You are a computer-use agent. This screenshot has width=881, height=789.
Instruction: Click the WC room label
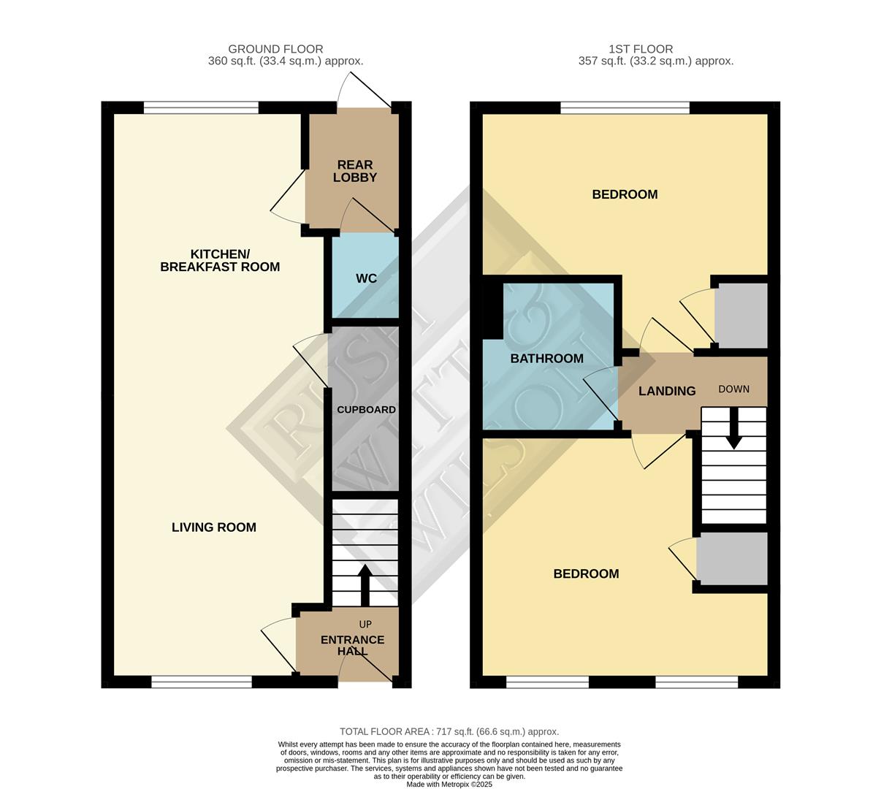pyautogui.click(x=366, y=278)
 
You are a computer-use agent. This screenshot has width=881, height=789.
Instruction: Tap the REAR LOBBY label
pyautogui.click(x=355, y=172)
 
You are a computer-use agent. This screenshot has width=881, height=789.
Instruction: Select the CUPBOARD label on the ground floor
pyautogui.click(x=366, y=410)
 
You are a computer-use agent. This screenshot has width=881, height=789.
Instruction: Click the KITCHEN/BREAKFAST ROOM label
pyautogui.click(x=220, y=260)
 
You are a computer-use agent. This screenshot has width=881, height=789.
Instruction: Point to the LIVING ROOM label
pyautogui.click(x=214, y=527)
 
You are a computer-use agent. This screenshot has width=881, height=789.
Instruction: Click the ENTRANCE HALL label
pyautogui.click(x=352, y=645)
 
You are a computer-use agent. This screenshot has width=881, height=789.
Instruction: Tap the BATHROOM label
pyautogui.click(x=546, y=359)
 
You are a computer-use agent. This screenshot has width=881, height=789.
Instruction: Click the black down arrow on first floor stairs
pyautogui.click(x=733, y=429)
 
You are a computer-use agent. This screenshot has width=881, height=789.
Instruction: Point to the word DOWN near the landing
pyautogui.click(x=733, y=389)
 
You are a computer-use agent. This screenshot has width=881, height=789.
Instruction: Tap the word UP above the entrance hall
pyautogui.click(x=365, y=624)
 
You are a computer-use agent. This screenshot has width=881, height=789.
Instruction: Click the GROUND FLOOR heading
pyautogui.click(x=275, y=49)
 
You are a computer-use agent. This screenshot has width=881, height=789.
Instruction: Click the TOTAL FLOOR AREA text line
pyautogui.click(x=449, y=731)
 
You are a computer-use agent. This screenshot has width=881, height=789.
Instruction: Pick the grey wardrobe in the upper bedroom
pyautogui.click(x=741, y=316)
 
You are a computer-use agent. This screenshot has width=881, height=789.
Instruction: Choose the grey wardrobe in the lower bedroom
pyautogui.click(x=732, y=558)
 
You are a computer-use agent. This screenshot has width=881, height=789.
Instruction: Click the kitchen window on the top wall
pyautogui.click(x=201, y=108)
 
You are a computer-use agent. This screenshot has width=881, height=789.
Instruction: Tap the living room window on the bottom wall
pyautogui.click(x=202, y=682)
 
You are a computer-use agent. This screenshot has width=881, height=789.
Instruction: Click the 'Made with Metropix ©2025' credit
pyautogui.click(x=449, y=784)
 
